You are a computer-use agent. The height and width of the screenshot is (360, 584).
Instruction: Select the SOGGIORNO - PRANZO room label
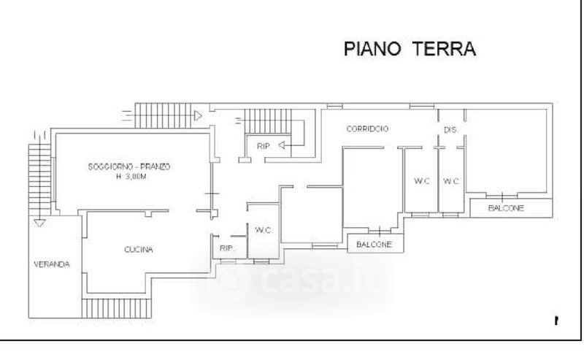tap(128, 167)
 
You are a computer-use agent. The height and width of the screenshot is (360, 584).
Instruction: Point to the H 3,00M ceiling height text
tap(128, 177)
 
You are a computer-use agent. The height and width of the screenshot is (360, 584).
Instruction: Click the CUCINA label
tap(138, 250)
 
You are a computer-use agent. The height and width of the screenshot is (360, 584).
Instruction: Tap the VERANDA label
tap(52, 264)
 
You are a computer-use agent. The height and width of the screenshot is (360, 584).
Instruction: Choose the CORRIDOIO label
tap(367, 129)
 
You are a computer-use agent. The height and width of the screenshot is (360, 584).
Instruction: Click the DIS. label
tap(450, 130)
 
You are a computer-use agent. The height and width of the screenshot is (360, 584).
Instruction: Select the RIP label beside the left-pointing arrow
tap(263, 146)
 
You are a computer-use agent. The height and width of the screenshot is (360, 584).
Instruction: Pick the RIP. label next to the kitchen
tap(226, 249)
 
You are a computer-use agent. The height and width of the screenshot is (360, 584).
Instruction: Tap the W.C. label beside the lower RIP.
tap(264, 231)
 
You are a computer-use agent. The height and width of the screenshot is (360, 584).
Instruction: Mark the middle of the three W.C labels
tap(419, 181)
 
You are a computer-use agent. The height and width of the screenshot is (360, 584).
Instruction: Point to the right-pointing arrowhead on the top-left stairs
tap(199, 114)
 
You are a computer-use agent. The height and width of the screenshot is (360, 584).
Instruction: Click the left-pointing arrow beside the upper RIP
tap(285, 146)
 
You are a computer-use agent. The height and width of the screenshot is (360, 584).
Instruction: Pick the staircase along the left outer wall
tap(38, 180)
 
